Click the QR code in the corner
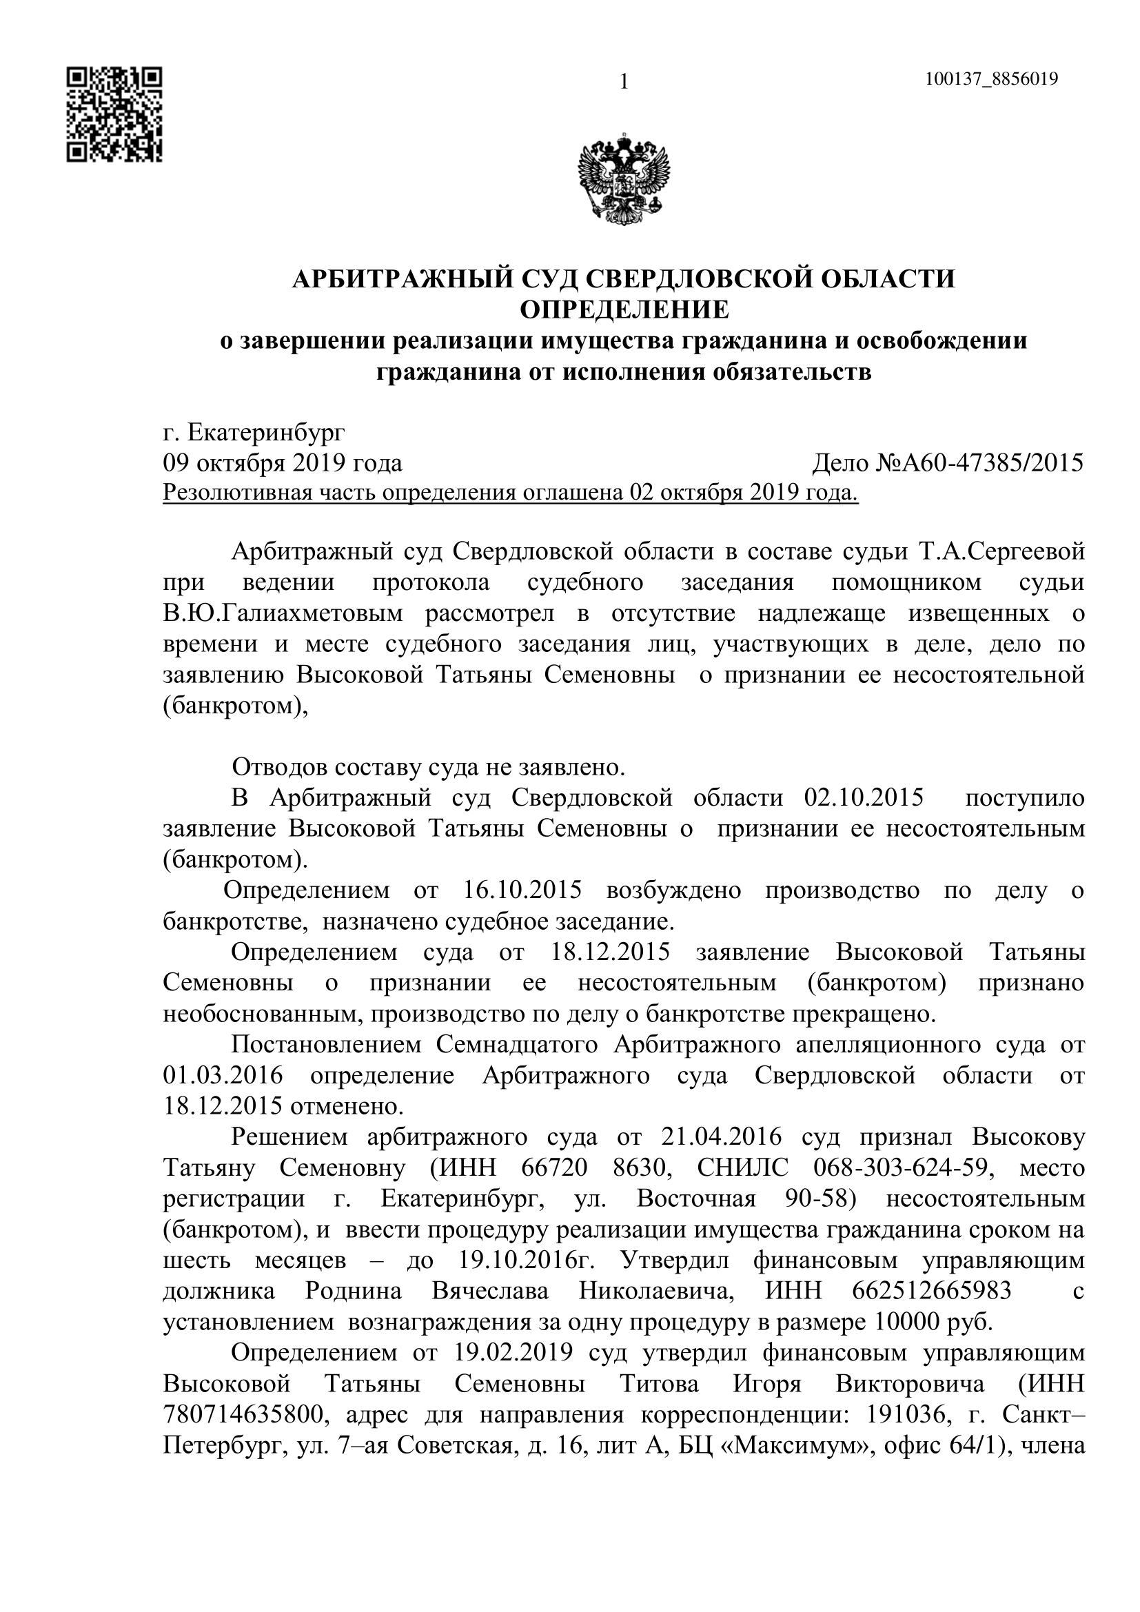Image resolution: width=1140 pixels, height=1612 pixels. (114, 114)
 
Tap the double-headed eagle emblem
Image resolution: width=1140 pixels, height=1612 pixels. (623, 182)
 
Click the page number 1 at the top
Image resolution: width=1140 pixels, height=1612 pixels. (623, 83)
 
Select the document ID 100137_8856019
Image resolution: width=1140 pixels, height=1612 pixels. (991, 79)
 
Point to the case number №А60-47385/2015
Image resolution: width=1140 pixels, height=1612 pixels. (980, 463)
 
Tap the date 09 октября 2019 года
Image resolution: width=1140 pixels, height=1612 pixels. (282, 463)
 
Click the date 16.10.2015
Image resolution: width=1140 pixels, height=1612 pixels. (523, 890)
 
